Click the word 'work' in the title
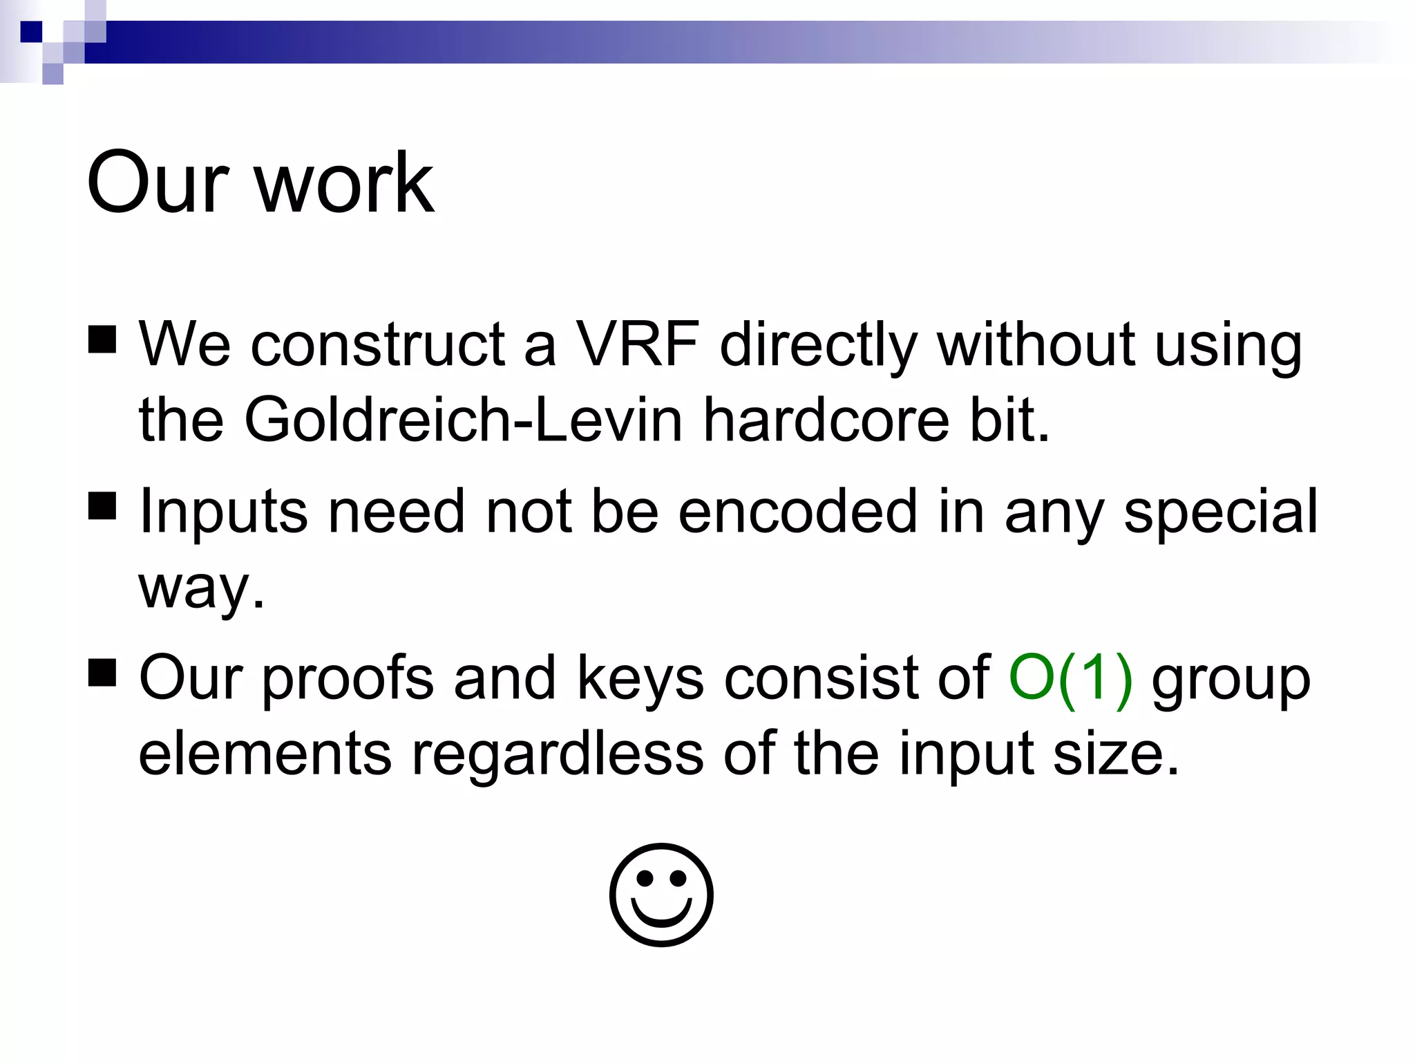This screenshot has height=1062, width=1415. [345, 183]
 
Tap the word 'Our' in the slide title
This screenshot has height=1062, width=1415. [158, 183]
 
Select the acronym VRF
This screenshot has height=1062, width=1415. [637, 344]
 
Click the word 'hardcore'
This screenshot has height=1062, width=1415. [826, 420]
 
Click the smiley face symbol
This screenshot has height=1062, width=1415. [661, 895]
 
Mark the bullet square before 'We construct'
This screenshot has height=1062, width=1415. [102, 339]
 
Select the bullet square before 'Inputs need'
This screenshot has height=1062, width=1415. [102, 506]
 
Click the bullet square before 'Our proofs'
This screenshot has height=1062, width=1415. [102, 672]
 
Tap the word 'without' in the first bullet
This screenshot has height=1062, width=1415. [1036, 344]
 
